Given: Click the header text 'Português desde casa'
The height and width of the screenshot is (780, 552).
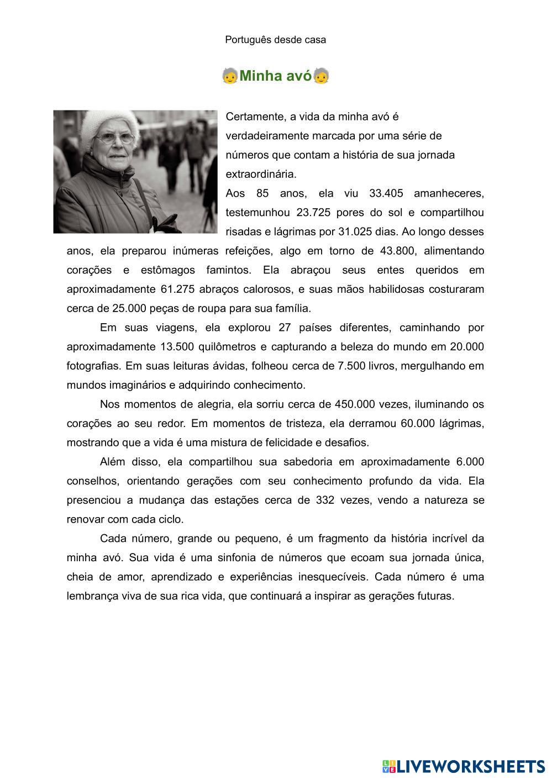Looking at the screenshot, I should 275,40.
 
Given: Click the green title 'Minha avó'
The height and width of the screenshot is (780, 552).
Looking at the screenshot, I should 275,76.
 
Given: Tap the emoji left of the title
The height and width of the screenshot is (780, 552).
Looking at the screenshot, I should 230,76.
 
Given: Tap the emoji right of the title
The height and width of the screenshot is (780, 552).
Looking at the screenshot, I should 321,76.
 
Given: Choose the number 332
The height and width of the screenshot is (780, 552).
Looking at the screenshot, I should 325,500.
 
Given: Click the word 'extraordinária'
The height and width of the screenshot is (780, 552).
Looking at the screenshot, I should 261,174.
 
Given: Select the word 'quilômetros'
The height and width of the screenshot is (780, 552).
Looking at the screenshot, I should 228,347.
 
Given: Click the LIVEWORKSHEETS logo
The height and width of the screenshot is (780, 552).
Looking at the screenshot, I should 463,766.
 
